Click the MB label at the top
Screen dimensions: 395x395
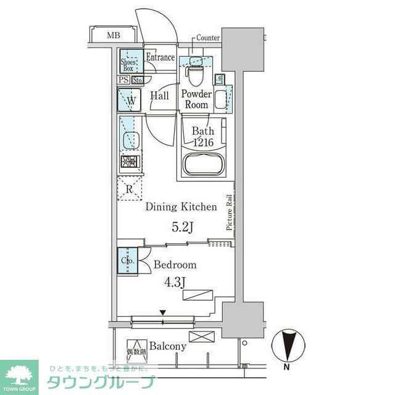(x=112, y=35)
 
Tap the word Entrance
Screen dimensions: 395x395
(x=160, y=57)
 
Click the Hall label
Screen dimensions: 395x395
(x=160, y=96)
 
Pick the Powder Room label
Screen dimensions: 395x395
(x=196, y=99)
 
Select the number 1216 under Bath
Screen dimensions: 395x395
(x=202, y=143)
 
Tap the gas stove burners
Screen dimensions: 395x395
(x=130, y=162)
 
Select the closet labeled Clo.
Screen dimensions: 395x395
(x=127, y=260)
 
